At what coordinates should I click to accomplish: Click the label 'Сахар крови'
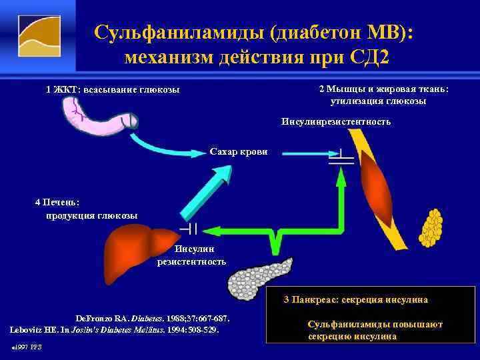[239, 152]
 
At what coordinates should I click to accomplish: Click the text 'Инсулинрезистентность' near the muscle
[336, 122]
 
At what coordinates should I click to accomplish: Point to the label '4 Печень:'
[57, 201]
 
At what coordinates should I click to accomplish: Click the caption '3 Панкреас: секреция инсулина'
[355, 300]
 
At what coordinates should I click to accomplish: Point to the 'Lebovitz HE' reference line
[113, 329]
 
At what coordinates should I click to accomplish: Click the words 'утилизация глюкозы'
[378, 101]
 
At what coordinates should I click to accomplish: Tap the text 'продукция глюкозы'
[91, 215]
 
